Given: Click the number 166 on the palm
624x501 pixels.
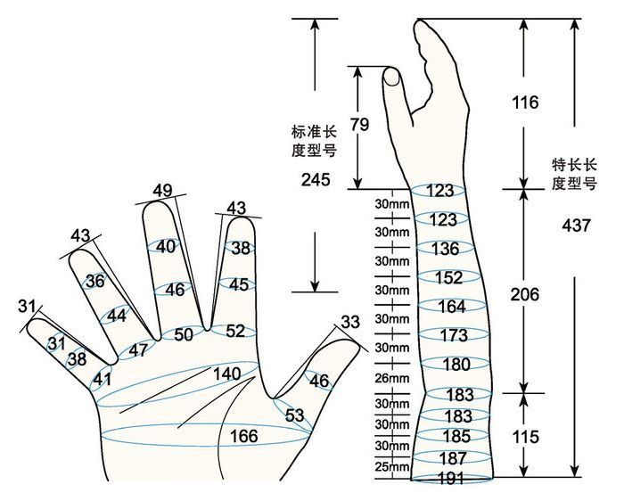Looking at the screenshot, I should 243,436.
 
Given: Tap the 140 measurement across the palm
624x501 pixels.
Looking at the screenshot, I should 227,374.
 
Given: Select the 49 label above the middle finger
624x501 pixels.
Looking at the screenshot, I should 162,190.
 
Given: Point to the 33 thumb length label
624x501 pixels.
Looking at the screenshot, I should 351,321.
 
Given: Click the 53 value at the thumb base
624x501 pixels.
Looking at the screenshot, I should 295,415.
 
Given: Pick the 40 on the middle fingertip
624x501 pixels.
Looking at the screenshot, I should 166,247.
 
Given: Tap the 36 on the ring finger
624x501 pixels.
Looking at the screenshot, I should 94,282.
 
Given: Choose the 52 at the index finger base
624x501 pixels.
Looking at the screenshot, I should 235,331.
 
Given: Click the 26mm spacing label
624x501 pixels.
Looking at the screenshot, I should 391,378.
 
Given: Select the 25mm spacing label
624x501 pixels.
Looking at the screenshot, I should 391,466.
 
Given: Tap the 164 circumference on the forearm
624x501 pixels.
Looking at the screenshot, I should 452,307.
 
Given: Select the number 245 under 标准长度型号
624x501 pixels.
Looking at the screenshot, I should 316,180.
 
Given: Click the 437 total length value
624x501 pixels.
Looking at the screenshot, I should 577,226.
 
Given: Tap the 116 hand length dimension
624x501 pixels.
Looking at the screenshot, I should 526,103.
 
